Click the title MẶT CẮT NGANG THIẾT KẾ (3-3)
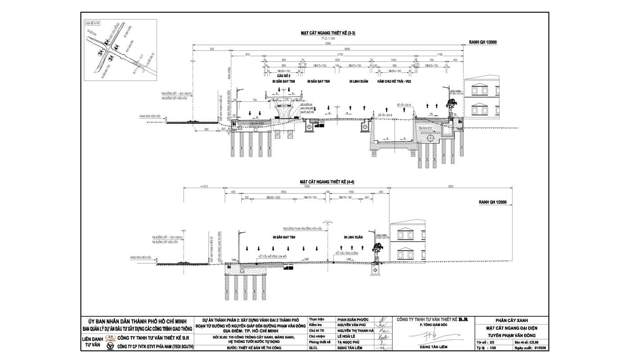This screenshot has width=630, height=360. click(328, 33)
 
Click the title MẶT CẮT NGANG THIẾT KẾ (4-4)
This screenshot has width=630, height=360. click(327, 182)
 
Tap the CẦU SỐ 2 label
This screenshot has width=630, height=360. click(283, 76)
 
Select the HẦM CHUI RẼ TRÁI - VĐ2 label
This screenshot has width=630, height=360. click(394, 81)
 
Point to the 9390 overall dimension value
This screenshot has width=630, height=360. click(328, 44)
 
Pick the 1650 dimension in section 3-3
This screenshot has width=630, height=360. click(337, 60)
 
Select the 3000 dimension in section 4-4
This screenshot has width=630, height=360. click(450, 186)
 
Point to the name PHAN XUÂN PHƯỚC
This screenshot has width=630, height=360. click(353, 319)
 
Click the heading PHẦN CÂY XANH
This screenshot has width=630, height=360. click(512, 320)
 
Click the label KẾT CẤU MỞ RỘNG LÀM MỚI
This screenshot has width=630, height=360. click(272, 256)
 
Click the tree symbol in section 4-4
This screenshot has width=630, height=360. click(377, 248)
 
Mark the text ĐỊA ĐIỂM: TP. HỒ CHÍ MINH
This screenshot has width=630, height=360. click(250, 331)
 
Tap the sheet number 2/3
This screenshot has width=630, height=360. click(492, 342)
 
